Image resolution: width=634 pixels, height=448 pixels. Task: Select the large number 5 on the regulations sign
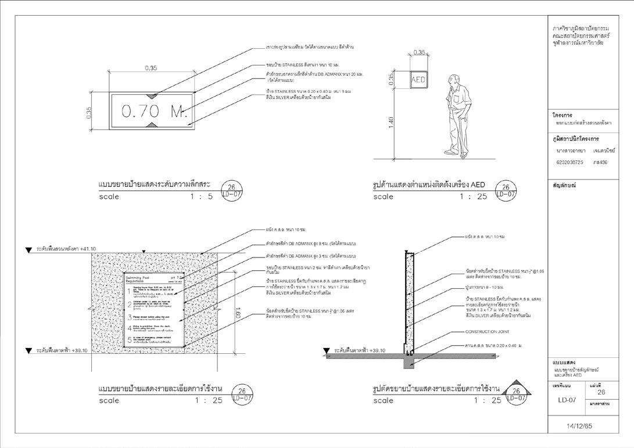click(130, 340)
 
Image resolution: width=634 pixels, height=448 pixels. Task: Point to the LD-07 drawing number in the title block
click(567, 400)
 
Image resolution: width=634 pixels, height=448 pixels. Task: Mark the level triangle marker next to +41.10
click(28, 250)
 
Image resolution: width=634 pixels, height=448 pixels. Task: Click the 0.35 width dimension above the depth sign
click(151, 68)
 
